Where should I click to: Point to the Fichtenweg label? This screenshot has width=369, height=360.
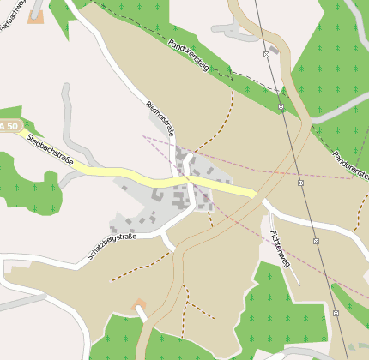280,249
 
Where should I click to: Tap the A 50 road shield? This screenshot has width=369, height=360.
8,127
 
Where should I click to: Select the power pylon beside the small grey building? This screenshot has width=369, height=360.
266,54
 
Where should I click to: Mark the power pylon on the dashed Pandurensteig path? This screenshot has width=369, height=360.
281,106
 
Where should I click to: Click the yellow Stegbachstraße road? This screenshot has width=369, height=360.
129,175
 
